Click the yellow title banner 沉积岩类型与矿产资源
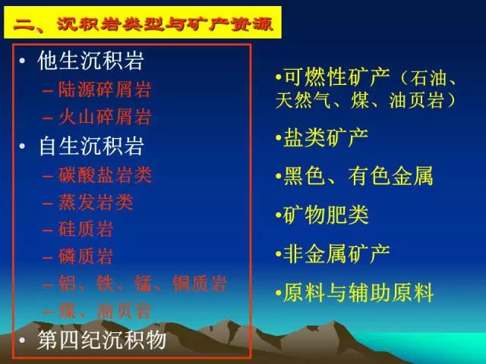point(143,22)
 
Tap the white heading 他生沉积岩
point(90,61)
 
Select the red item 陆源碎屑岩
point(105,89)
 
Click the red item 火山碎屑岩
point(105,117)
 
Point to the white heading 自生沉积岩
point(91,146)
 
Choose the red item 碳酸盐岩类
point(105,175)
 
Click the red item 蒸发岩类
point(96,202)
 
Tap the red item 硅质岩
point(85,229)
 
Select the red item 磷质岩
point(85,256)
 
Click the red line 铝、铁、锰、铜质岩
point(143,284)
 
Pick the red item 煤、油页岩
point(105,311)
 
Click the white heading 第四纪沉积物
point(102,340)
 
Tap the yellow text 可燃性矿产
point(336,77)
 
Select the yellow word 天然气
point(303,100)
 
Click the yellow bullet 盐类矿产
point(326,138)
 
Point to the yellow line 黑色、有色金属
point(358,177)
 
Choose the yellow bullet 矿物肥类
point(326,215)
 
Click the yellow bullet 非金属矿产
point(336,254)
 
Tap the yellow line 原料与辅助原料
point(358,293)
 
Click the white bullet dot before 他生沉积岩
point(22,61)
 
